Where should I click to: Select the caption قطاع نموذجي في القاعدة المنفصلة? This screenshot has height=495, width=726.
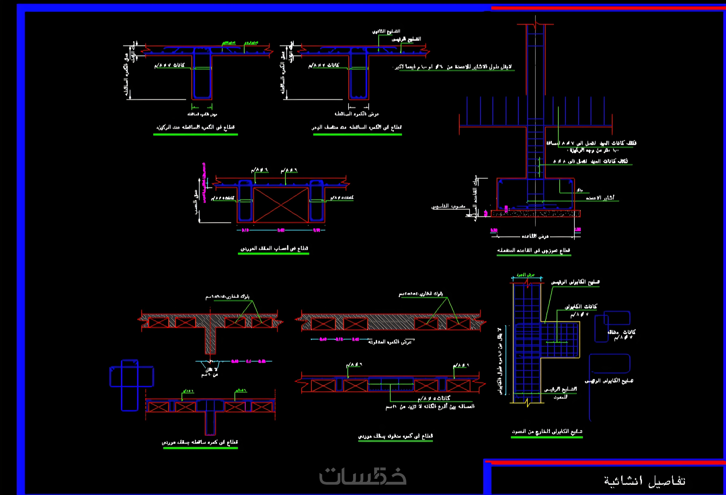534,250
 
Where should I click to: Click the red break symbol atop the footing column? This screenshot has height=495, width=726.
535,24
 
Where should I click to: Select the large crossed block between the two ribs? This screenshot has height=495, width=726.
281,205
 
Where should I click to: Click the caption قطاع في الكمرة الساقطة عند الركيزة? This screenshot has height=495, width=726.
196,127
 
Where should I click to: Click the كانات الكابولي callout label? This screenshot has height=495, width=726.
581,307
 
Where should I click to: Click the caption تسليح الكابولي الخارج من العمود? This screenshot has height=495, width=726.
547,432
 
